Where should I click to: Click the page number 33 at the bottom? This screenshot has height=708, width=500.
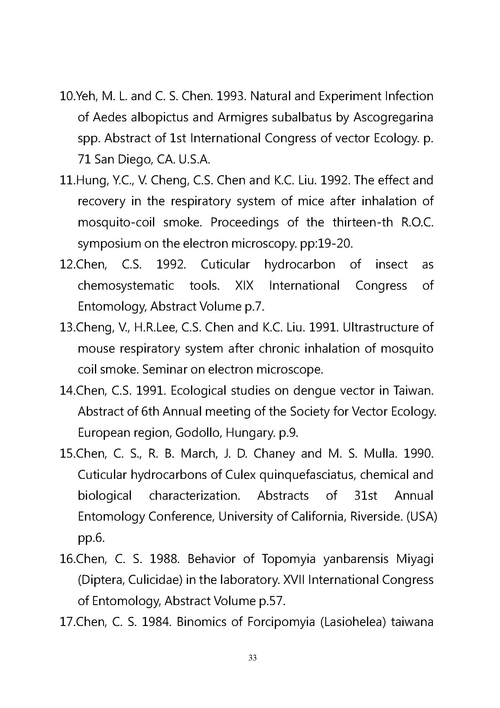[x=252, y=658]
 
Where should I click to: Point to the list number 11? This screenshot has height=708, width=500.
[x=67, y=180]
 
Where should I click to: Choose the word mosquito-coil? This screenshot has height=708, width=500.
[x=116, y=222]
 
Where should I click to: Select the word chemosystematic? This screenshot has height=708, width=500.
[x=126, y=285]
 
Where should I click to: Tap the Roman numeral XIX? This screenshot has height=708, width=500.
[x=244, y=285]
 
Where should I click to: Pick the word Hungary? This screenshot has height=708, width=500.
[x=250, y=433]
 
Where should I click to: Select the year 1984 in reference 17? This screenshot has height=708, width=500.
[x=156, y=622]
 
